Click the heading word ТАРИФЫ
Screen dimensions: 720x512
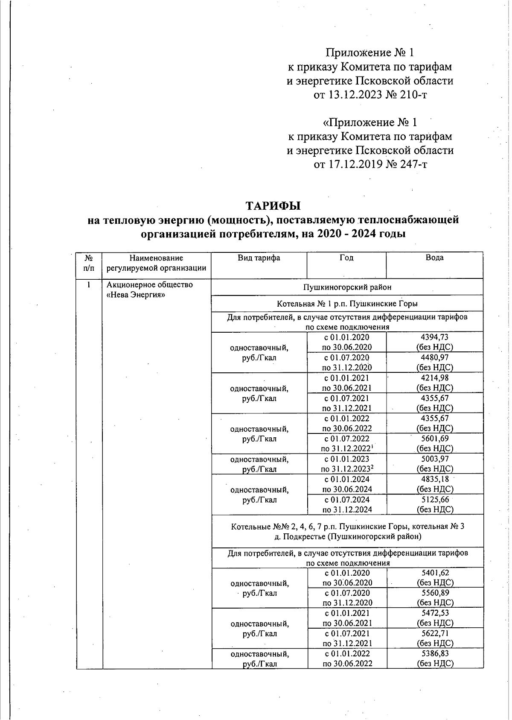[273, 206]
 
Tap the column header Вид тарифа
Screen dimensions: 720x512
[259, 258]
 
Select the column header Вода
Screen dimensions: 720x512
[434, 258]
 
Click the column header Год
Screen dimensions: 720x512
[346, 258]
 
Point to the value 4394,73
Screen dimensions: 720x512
[434, 337]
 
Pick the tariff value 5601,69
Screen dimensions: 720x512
[434, 439]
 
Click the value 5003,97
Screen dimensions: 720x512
[434, 459]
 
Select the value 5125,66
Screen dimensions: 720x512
[434, 500]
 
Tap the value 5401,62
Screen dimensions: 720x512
[434, 573]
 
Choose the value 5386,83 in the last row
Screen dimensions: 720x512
[434, 654]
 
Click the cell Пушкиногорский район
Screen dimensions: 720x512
[347, 287]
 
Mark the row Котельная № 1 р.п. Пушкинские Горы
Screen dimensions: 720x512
[347, 304]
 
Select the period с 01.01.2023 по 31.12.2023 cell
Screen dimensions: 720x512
[347, 464]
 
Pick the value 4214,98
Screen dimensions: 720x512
[434, 378]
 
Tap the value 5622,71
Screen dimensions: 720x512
[434, 634]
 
